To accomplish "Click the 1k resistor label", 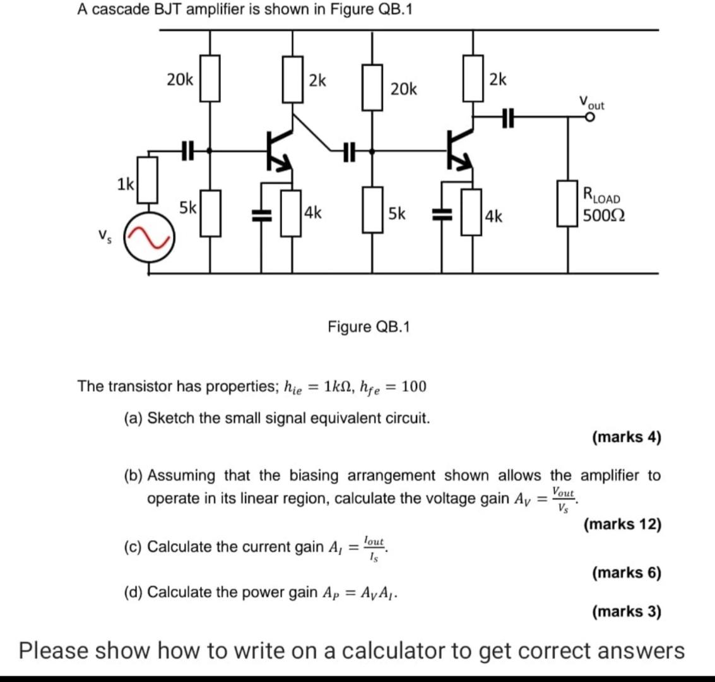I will click(x=125, y=185).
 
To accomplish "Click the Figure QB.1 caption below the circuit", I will click(x=369, y=326).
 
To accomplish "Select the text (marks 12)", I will click(x=622, y=524).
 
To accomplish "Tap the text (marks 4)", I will click(x=626, y=437).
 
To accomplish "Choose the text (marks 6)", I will click(x=626, y=573).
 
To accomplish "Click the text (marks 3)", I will click(x=626, y=611).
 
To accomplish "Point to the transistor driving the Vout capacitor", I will click(x=459, y=150).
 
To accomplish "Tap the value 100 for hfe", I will click(x=413, y=386).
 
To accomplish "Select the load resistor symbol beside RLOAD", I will click(x=566, y=203).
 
